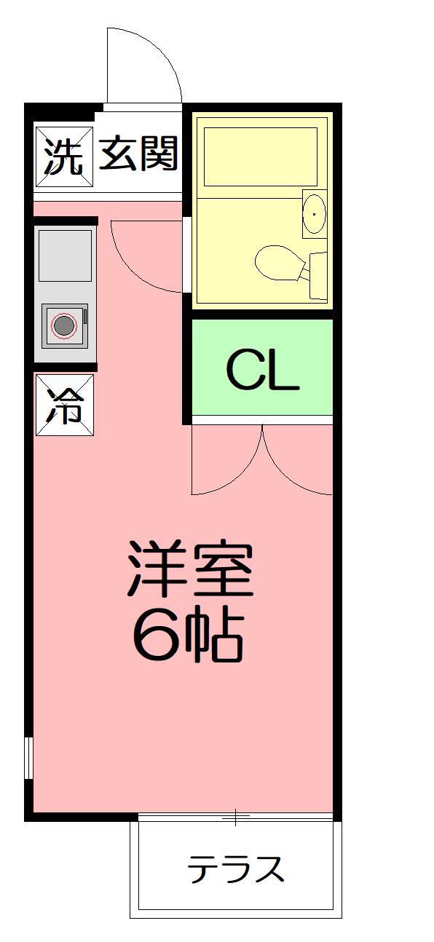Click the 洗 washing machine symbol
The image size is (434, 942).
click(64, 157)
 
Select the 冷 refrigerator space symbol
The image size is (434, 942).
click(65, 405)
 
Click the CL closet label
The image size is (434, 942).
click(263, 370)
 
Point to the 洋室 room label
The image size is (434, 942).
click(191, 568)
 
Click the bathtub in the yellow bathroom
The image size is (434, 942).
click(261, 157)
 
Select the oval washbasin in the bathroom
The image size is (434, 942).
click(314, 213)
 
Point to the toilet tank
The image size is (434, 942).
click(318, 275)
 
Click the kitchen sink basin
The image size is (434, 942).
click(66, 256)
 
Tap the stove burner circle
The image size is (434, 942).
click(64, 325)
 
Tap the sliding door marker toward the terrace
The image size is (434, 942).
click(235, 815)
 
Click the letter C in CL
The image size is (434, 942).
click(243, 370)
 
